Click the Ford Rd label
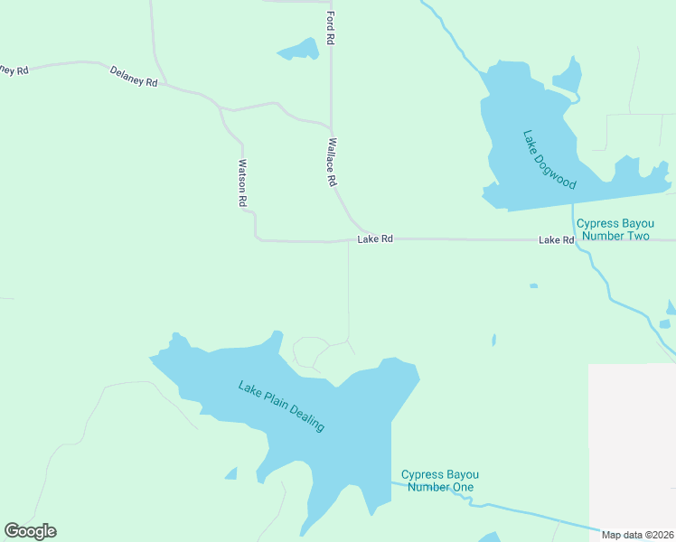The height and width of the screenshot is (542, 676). [x=332, y=28]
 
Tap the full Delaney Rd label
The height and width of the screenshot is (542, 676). [x=134, y=76]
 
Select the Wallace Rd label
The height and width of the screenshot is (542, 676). [x=332, y=162]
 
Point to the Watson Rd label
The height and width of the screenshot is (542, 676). [x=242, y=183]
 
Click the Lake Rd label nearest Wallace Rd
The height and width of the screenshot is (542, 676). [x=375, y=239]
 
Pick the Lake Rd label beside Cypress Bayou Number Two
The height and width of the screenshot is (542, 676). [x=557, y=240]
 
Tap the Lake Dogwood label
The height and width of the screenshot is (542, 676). [x=549, y=160]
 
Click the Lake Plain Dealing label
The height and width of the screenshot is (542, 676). [x=281, y=406]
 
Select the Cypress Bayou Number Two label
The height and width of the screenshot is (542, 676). [x=614, y=229]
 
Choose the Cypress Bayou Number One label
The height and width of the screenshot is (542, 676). [x=439, y=481]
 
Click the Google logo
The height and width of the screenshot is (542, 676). [x=30, y=531]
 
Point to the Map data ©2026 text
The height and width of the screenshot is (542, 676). [x=638, y=534]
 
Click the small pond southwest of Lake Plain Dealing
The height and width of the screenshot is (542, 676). [x=231, y=474]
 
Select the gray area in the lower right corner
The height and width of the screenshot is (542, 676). [x=632, y=443]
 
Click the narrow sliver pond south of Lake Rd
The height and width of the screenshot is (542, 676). [x=493, y=340]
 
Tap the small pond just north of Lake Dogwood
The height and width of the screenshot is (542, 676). [x=568, y=78]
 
